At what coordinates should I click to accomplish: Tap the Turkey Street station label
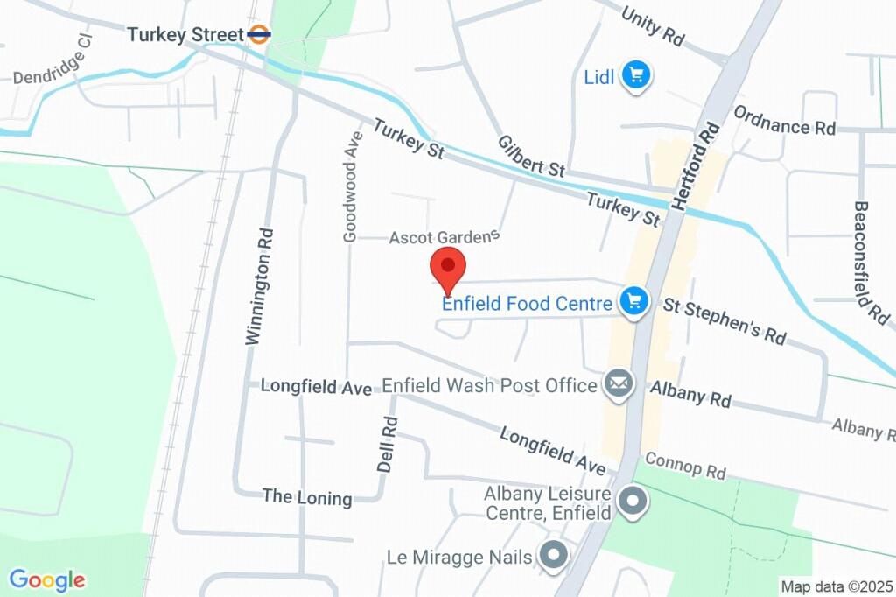(185, 35)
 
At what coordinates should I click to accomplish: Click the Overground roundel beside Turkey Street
(259, 35)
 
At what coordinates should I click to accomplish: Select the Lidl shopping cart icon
(636, 76)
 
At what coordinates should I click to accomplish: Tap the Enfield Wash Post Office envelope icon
(619, 384)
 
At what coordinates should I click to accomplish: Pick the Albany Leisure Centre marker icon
(632, 502)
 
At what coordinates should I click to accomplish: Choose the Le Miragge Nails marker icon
(552, 555)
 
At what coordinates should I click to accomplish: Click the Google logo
(47, 579)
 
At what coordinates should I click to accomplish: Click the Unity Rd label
(653, 27)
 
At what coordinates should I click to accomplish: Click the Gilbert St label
(532, 156)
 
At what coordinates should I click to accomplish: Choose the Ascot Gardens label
(444, 236)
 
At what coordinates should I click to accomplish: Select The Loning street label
(307, 497)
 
